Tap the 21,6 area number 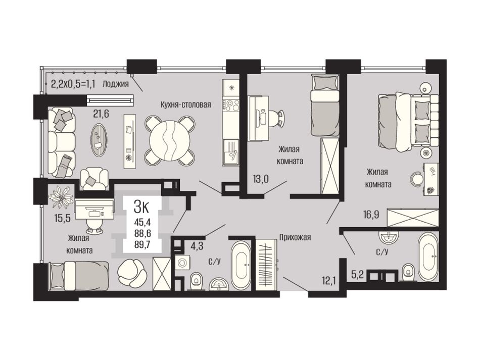tap(102, 114)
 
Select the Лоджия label tap(116, 83)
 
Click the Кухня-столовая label tap(186, 105)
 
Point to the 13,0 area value tap(261, 179)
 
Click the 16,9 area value tap(371, 215)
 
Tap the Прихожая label tap(295, 237)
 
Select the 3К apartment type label tap(141, 208)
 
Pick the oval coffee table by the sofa tap(100, 140)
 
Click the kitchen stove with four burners tap(232, 105)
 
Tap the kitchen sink tap(231, 152)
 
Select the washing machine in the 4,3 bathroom tap(182, 263)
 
